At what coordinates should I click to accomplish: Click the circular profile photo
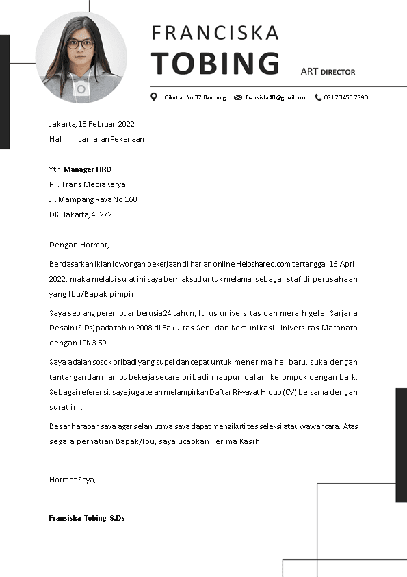[x=81, y=58]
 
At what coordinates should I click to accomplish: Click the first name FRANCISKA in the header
[x=215, y=33]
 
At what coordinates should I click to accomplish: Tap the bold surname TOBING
[x=215, y=63]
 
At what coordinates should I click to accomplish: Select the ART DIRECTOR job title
[x=328, y=71]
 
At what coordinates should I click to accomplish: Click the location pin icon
[x=154, y=97]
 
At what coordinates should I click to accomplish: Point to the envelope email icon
[x=238, y=97]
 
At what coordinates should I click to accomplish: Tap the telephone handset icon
[x=318, y=97]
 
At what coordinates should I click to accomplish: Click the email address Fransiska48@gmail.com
[x=276, y=97]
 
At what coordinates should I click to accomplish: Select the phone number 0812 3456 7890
[x=346, y=97]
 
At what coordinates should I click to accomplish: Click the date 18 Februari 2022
[x=106, y=124]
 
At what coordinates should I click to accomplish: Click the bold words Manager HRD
[x=88, y=169]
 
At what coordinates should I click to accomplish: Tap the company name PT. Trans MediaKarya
[x=87, y=184]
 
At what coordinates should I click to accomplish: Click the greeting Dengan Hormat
[x=79, y=245]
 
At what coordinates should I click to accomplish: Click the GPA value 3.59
[x=99, y=343]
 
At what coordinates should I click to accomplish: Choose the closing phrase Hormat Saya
[x=72, y=480]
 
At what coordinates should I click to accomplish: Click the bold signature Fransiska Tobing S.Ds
[x=86, y=518]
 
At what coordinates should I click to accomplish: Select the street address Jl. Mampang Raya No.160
[x=93, y=199]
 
